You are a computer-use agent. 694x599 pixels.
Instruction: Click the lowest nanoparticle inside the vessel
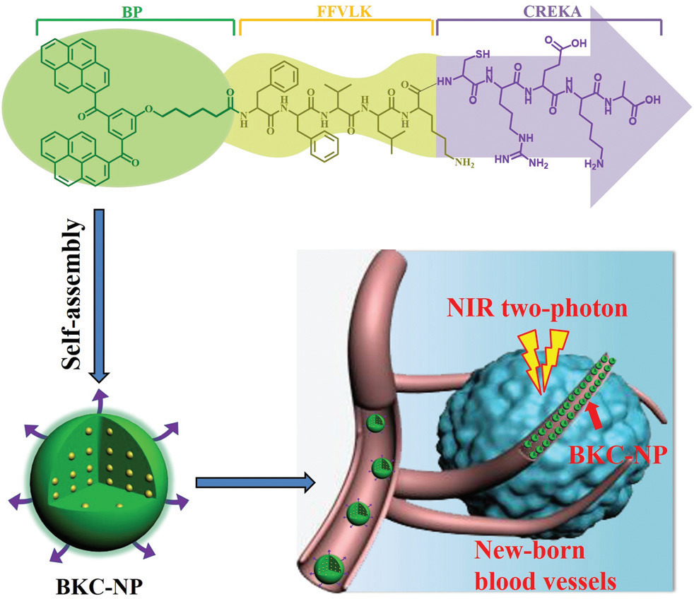pos(328,566)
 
